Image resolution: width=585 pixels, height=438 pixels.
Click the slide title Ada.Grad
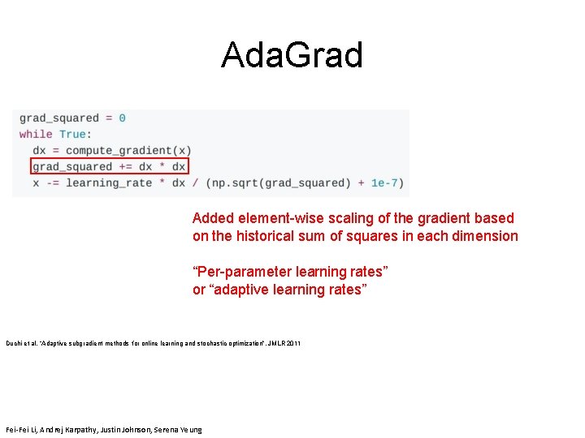pyautogui.click(x=292, y=55)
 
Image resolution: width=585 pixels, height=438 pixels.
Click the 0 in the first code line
pyautogui.click(x=122, y=118)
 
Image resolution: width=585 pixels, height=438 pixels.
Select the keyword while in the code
pyautogui.click(x=36, y=135)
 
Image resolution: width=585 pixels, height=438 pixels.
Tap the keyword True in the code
pyautogui.click(x=72, y=135)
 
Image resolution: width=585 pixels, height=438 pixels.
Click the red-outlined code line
pyautogui.click(x=110, y=167)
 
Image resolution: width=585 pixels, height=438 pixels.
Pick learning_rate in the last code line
pyautogui.click(x=109, y=183)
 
